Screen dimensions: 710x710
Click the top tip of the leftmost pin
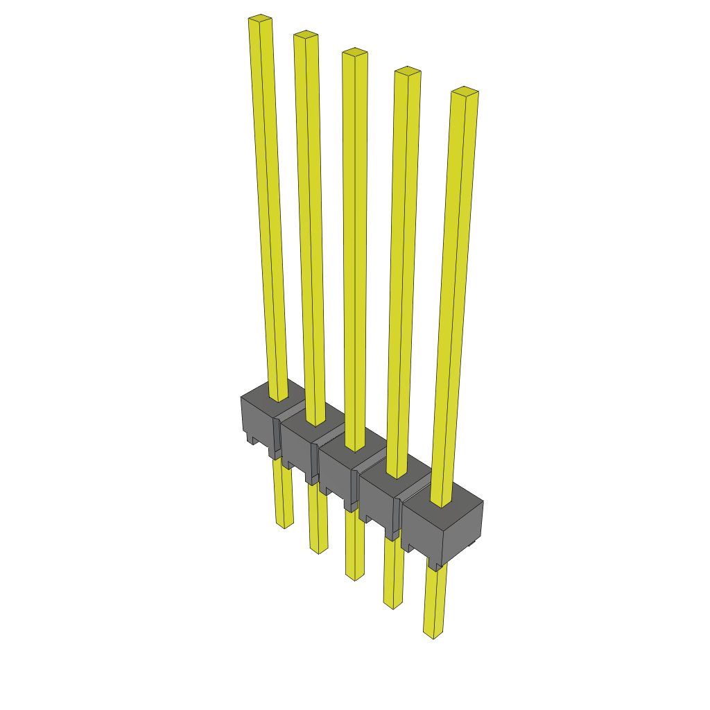coord(259,19)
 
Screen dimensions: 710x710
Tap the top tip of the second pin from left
coord(305,35)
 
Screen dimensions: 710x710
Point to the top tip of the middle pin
coord(354,52)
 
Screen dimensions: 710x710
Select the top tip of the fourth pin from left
coord(408,71)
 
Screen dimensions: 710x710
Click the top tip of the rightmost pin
coord(465,91)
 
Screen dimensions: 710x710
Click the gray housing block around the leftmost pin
coord(258,419)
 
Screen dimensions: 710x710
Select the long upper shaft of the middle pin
coord(354,250)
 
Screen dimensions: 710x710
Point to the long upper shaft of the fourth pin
coord(402,270)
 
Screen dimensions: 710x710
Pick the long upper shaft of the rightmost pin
coord(455,291)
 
